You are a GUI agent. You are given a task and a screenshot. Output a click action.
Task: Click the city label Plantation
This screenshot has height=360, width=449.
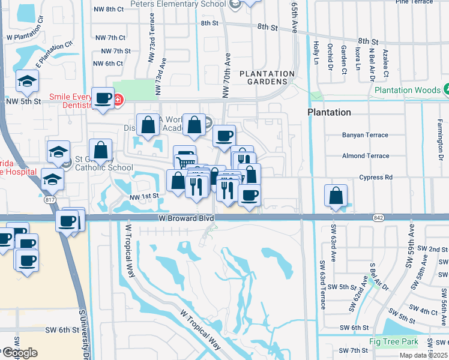coord(329,112)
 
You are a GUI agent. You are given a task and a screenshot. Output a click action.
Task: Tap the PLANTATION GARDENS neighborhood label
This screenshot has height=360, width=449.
coord(267,77)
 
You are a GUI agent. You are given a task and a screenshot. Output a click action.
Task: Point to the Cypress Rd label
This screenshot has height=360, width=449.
coord(376,178)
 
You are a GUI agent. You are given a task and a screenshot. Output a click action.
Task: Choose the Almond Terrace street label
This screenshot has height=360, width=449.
coord(366,156)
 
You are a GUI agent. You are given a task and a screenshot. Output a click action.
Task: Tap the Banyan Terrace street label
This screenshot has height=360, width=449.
coord(366,135)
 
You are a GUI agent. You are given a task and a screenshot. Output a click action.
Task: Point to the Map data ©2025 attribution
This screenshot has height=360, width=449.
coord(424,355)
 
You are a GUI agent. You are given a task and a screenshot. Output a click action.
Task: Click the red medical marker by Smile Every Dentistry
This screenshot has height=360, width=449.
coord(118,99)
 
